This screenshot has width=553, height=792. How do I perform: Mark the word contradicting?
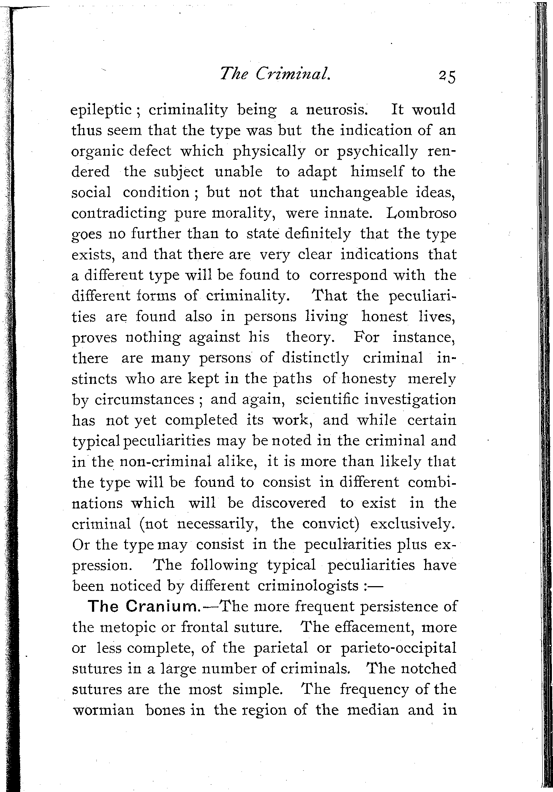tap(117, 213)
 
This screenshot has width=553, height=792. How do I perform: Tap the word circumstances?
tap(144, 399)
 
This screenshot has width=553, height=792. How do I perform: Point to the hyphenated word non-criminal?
tap(166, 461)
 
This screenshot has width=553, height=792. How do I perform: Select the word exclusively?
tap(413, 523)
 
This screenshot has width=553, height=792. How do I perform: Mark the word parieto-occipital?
tap(398, 648)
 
